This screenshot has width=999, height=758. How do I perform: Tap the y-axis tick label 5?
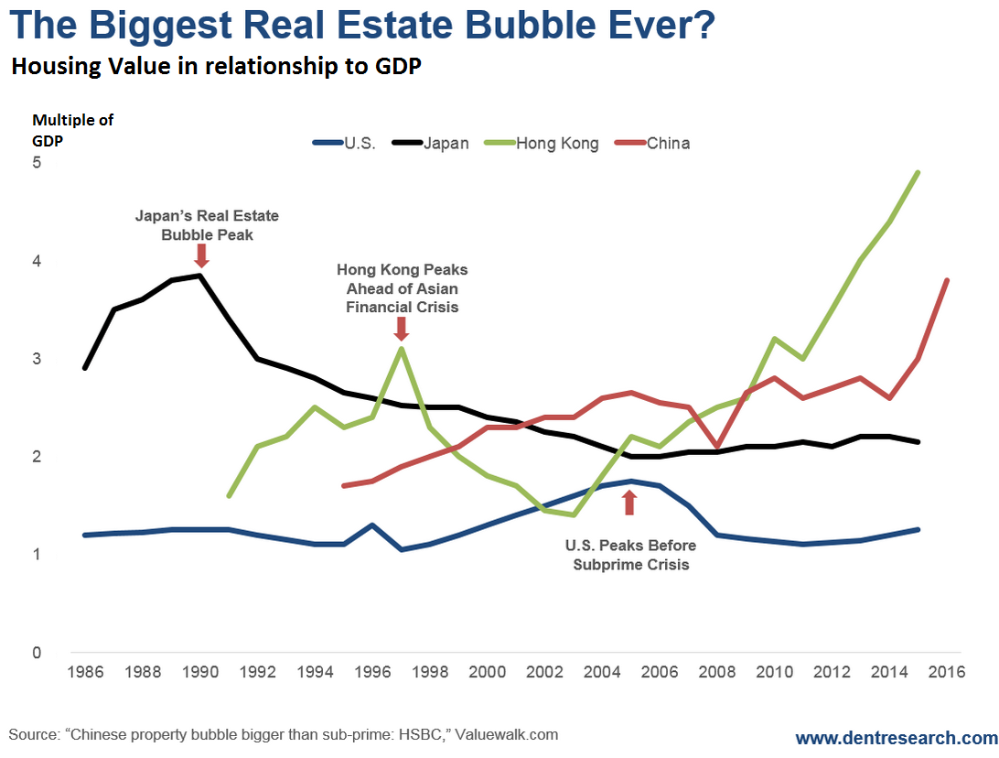tap(37, 163)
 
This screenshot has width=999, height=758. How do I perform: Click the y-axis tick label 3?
tap(37, 359)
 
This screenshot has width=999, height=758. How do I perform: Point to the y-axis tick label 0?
tap(37, 653)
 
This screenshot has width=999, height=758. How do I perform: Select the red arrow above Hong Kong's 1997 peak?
tap(401, 328)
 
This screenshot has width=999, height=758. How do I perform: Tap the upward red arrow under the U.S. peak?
tap(628, 503)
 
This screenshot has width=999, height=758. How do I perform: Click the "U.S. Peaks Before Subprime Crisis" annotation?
tap(630, 555)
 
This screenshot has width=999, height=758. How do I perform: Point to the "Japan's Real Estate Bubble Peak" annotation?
tap(207, 225)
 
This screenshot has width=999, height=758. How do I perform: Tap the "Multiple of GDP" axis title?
tap(72, 130)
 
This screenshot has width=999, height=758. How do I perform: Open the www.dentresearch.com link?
tap(894, 738)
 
